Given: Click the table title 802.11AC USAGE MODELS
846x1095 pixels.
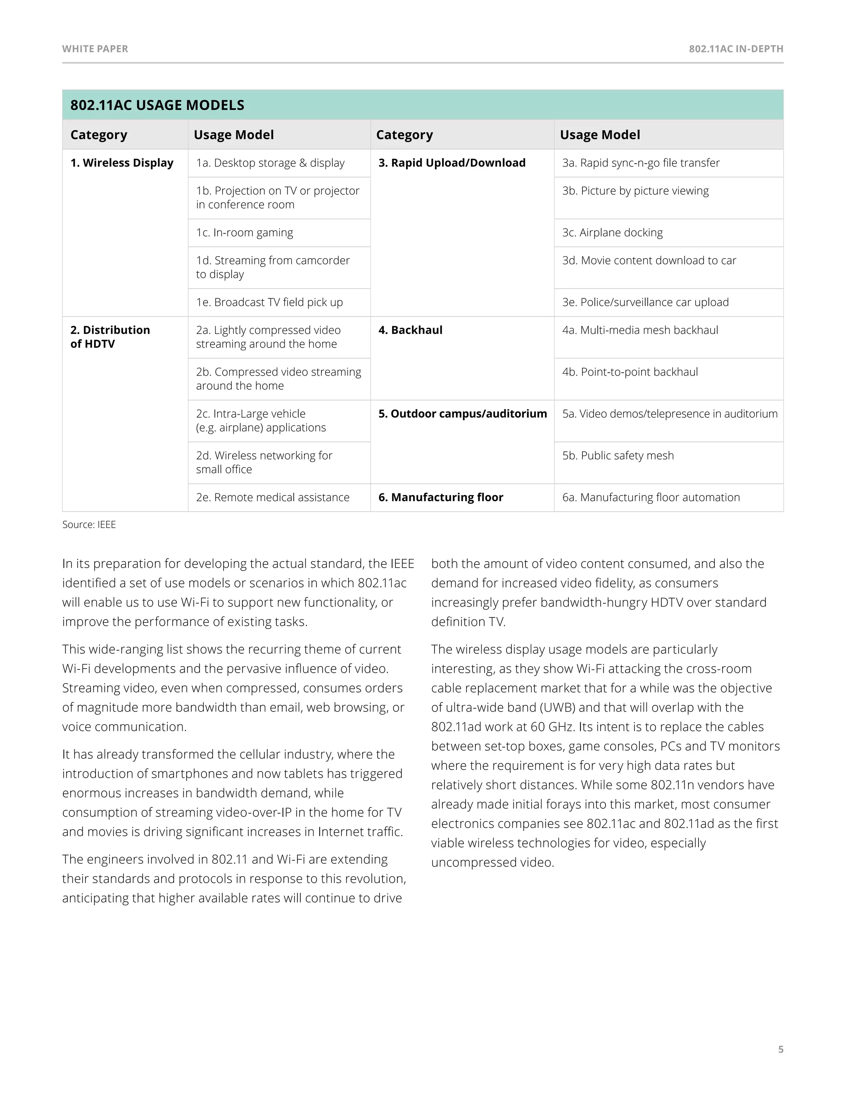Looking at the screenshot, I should [x=157, y=105].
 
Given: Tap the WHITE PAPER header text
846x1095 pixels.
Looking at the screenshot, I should [x=95, y=49].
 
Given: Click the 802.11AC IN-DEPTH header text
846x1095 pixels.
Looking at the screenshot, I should [x=736, y=49].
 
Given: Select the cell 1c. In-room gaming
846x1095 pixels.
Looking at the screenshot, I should [x=245, y=233].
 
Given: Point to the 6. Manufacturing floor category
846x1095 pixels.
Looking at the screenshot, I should [x=440, y=498].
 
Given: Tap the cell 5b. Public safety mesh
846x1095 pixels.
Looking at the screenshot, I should [x=618, y=455].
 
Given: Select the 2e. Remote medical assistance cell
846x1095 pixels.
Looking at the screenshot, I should [x=273, y=498].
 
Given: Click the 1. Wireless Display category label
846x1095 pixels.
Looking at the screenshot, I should [x=122, y=163].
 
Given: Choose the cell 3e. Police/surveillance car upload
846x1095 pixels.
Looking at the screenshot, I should [x=645, y=302].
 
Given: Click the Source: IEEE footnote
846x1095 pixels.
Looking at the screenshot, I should [x=89, y=524].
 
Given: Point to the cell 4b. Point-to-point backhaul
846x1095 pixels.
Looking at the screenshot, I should [x=630, y=372].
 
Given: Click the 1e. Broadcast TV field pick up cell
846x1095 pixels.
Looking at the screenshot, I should [x=269, y=302].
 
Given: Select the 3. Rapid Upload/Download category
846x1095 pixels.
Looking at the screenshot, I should [x=452, y=163].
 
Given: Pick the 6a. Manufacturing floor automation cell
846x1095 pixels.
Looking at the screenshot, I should [x=651, y=498].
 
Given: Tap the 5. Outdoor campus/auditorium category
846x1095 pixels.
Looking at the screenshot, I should [x=462, y=414].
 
